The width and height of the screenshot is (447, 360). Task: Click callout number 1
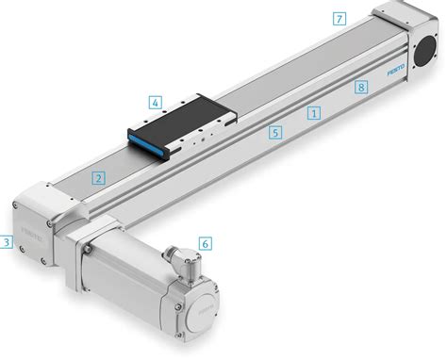pos(314,111)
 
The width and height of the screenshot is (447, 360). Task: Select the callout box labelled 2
pos(98,177)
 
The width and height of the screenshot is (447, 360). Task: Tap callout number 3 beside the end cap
pos(6,242)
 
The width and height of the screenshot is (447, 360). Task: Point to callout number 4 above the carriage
pos(156,102)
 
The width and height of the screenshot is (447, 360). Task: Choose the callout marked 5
pos(274,133)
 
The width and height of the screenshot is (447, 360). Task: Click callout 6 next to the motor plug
pos(206,242)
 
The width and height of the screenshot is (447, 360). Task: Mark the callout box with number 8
pos(360,88)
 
